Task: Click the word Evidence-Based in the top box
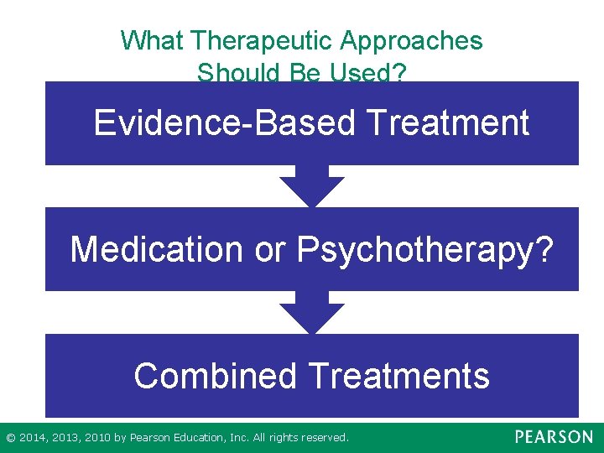225,122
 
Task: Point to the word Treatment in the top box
448,122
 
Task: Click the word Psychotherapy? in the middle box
425,249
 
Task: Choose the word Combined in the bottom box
215,375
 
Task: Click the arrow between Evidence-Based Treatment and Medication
311,186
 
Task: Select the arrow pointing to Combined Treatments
311,313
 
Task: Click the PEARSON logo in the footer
553,437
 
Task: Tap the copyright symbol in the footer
10,438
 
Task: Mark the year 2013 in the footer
65,438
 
